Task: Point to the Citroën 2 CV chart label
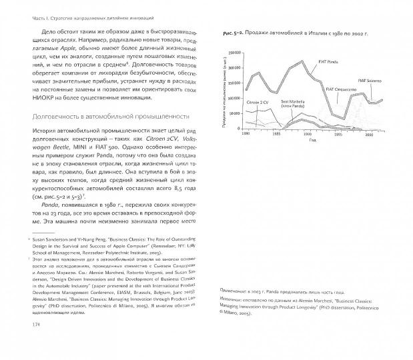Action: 258,103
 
